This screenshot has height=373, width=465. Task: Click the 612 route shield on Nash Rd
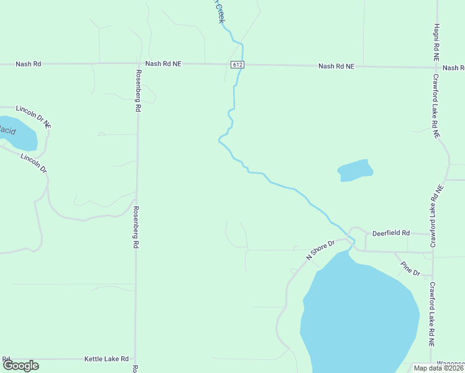point(237,65)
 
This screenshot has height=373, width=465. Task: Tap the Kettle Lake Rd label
point(106,359)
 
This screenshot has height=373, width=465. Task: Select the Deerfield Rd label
point(391,233)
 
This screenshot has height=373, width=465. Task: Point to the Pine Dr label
point(410,269)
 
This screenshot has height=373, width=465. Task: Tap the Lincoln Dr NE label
point(34,117)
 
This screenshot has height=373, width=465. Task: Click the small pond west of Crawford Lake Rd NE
point(355,170)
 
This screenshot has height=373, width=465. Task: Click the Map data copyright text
point(438,368)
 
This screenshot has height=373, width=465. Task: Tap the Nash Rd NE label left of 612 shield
point(163,63)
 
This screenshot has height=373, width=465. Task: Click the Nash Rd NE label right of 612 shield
point(336,66)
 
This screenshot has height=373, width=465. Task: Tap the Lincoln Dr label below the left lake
point(34,162)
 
